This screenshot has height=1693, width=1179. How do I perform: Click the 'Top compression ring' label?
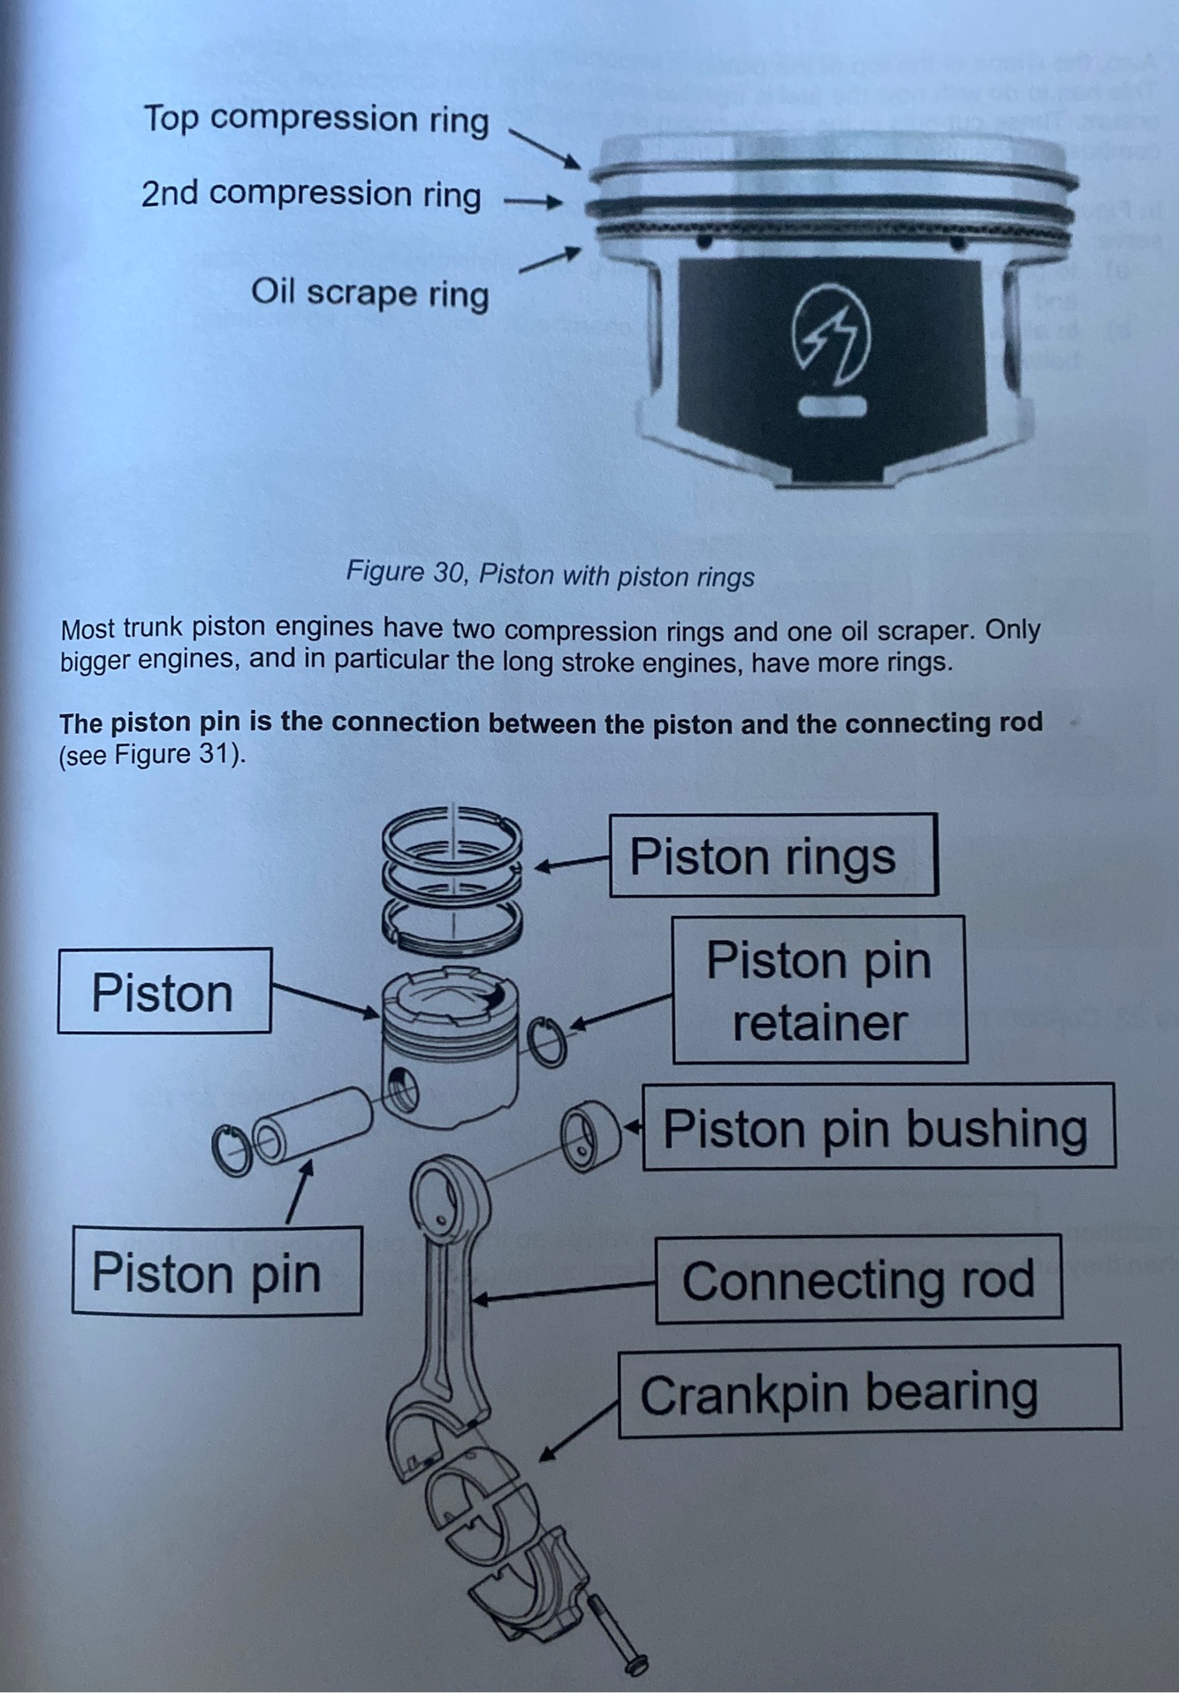pos(316,118)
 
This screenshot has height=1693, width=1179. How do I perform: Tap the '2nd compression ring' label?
pos(311,194)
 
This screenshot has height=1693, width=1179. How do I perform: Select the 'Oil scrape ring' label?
pos(369,292)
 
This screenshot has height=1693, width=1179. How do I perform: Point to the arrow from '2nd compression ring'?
pos(533,202)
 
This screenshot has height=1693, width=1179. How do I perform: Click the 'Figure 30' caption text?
pos(550,575)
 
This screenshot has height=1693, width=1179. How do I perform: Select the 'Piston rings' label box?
pos(772,856)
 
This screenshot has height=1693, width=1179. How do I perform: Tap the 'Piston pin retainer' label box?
pos(818,990)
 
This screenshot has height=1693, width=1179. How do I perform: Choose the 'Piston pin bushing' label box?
pos(878,1128)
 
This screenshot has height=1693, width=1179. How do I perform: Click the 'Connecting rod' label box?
pos(857,1279)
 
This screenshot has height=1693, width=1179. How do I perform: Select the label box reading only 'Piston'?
pos(164,992)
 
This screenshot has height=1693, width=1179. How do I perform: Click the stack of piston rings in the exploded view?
pos(452,875)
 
